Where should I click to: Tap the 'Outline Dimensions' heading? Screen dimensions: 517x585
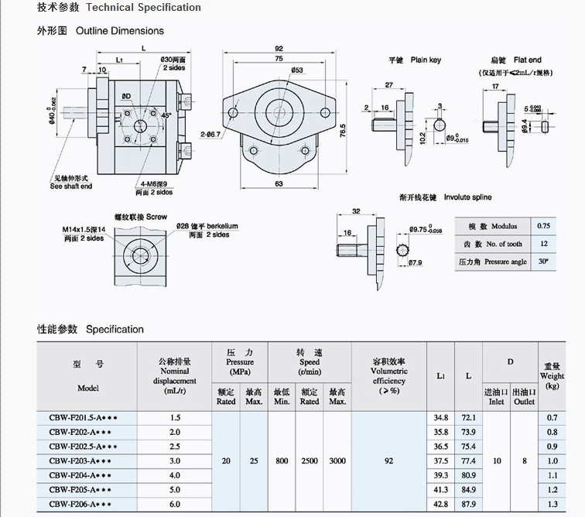click(119, 31)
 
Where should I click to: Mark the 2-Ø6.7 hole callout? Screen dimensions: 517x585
click(211, 135)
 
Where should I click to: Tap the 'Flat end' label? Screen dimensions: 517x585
click(526, 60)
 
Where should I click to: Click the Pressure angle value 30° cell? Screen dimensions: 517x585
click(542, 262)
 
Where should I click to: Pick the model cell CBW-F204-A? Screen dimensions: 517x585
click(83, 474)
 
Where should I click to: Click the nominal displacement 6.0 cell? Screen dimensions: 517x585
click(174, 504)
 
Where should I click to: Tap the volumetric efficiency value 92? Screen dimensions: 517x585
click(388, 461)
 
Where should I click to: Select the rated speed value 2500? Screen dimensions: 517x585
click(310, 461)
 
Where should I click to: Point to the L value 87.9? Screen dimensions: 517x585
click(467, 504)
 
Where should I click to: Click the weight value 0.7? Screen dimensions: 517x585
click(552, 417)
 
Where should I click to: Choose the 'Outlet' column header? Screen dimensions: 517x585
click(524, 402)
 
